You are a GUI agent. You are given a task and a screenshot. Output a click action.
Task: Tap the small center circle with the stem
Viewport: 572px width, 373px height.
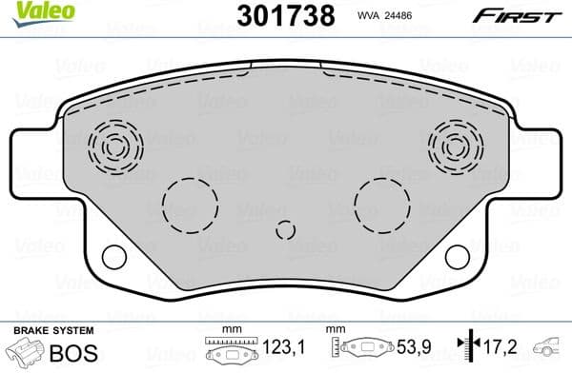pyautogui.click(x=285, y=230)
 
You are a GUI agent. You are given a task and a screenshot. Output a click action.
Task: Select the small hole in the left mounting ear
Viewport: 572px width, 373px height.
pyautogui.click(x=113, y=256)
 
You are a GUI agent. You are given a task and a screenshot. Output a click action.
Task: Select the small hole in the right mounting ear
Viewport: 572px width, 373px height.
pyautogui.click(x=459, y=256)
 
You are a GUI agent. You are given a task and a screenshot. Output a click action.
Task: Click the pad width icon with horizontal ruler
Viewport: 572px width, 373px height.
pyautogui.click(x=229, y=349)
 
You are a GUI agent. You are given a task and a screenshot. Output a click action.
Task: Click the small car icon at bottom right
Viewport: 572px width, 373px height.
pyautogui.click(x=550, y=349)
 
